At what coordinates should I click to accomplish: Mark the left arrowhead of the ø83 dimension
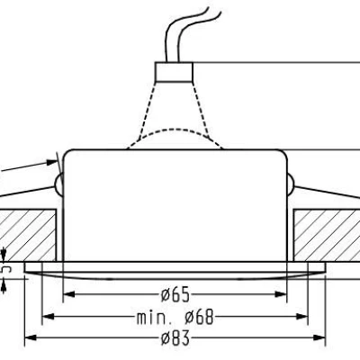[x=29, y=338]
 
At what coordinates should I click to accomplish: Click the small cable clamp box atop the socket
[x=177, y=69]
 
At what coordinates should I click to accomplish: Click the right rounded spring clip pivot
[x=296, y=185]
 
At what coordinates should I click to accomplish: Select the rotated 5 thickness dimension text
[x=6, y=268]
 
